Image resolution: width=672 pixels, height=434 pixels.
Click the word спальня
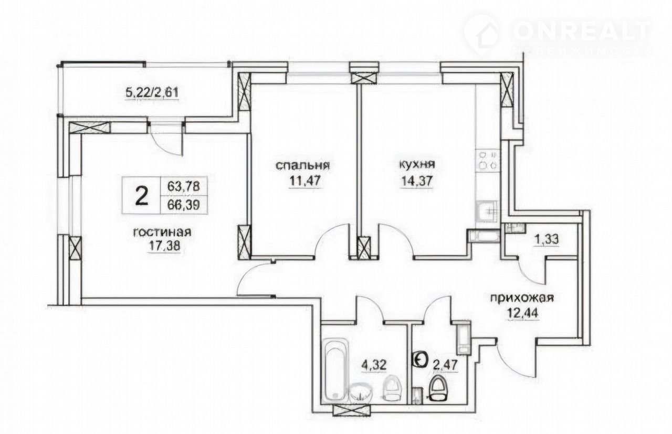(303, 165)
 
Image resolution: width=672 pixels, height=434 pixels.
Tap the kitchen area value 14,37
(417, 181)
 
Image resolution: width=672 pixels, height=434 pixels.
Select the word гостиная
(162, 232)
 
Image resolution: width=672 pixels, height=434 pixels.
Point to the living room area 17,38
(164, 246)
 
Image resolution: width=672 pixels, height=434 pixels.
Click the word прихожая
(522, 299)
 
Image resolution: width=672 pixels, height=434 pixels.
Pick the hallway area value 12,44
(523, 313)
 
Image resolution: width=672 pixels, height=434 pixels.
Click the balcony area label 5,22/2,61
(152, 92)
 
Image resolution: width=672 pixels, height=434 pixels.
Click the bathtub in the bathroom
(337, 370)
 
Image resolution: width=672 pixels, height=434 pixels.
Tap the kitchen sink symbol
(487, 211)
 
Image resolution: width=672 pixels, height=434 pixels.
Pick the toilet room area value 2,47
(446, 365)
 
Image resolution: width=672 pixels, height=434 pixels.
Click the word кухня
(417, 165)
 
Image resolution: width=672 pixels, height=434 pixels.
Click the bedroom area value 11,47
(306, 181)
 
